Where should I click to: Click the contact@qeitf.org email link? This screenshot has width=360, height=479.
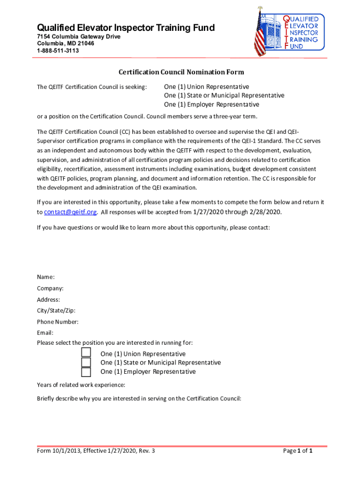tap(70, 212)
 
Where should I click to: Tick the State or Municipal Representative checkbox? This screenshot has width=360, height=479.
tap(86, 363)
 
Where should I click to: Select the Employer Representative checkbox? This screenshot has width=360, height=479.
tap(86, 372)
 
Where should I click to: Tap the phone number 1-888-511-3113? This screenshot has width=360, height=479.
tap(58, 51)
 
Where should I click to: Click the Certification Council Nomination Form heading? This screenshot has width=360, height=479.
tap(181, 72)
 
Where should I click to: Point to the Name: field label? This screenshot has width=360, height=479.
tap(46, 277)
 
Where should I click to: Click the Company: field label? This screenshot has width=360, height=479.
tap(50, 288)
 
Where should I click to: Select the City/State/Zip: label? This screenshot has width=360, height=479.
tap(56, 311)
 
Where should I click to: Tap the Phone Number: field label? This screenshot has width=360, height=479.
tap(58, 322)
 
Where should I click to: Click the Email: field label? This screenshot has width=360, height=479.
tap(45, 333)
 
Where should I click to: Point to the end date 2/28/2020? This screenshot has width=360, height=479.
tap(265, 212)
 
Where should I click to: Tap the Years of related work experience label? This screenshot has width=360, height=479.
tap(81, 385)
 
